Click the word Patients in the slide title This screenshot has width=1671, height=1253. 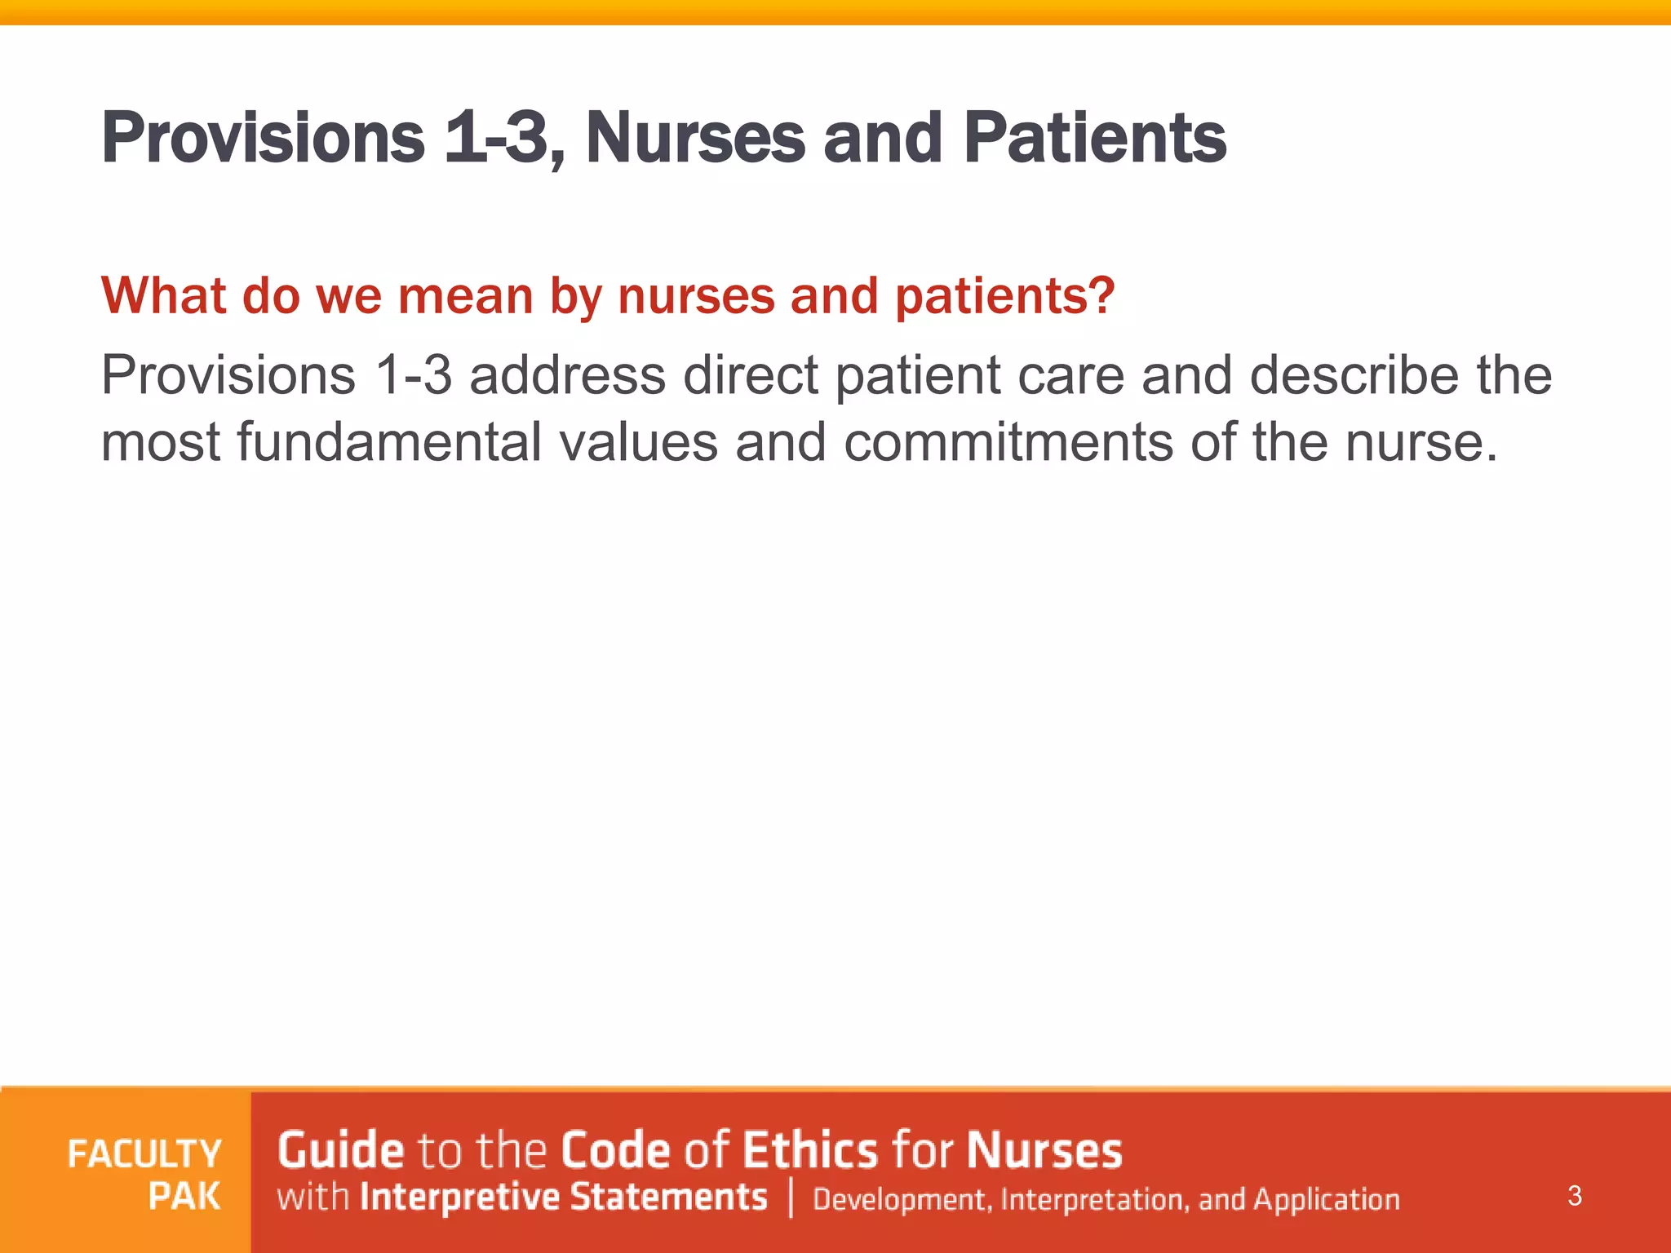[1094, 139]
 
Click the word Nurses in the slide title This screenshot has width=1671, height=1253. [695, 139]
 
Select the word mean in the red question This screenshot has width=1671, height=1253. [465, 295]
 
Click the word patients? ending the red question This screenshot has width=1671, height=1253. [1004, 295]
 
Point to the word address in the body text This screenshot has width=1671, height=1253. [567, 376]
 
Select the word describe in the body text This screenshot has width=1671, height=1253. [1354, 376]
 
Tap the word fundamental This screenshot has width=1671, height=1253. [389, 443]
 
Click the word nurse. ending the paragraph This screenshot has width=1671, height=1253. [1421, 443]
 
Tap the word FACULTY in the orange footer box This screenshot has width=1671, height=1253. [144, 1154]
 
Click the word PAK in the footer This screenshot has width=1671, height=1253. [184, 1197]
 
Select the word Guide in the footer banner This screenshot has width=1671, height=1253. [340, 1151]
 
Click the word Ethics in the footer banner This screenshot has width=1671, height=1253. [810, 1151]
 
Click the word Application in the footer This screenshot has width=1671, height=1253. [1326, 1200]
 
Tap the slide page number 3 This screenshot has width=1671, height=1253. [1575, 1197]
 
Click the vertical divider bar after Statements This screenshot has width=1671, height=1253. [791, 1198]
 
